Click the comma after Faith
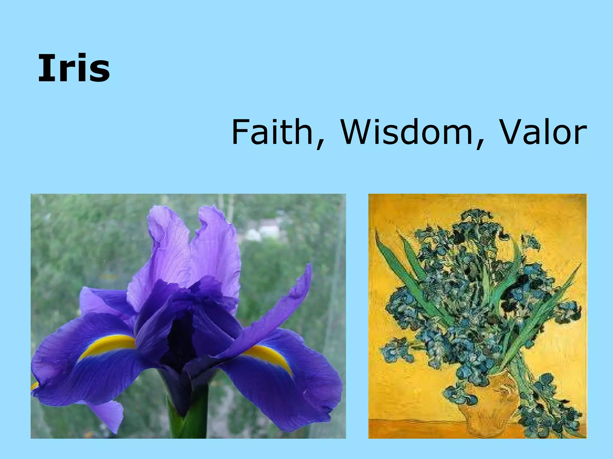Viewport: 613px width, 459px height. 320,143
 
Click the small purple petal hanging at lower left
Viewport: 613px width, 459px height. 108,415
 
